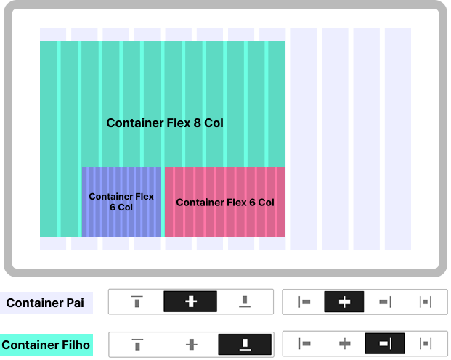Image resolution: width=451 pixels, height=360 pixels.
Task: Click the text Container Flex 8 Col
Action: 165,123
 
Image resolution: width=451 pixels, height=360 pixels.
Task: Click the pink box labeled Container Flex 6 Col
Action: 225,202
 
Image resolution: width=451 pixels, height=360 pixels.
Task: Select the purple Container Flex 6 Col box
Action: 121,202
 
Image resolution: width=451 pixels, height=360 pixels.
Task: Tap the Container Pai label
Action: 46,303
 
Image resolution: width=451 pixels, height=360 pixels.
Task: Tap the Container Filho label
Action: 46,345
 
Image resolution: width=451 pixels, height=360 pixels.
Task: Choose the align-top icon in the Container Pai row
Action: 137,301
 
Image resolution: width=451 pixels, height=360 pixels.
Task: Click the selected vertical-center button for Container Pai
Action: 190,301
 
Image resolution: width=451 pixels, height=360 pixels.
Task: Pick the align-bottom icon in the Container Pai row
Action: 245,301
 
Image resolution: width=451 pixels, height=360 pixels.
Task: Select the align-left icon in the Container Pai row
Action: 305,301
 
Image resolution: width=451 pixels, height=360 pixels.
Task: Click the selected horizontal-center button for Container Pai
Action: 345,301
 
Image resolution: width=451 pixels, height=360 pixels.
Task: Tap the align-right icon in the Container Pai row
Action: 385,301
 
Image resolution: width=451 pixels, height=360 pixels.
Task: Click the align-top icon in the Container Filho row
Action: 137,344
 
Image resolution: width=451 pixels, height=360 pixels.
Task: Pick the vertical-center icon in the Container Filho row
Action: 191,344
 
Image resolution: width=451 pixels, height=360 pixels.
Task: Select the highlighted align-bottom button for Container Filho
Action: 245,344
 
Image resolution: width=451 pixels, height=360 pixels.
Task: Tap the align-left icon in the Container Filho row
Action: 305,344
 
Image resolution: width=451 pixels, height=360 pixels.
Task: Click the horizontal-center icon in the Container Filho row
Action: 345,344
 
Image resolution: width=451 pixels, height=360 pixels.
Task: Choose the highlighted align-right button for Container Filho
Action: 385,344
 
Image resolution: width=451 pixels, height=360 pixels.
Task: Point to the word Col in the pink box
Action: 265,202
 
